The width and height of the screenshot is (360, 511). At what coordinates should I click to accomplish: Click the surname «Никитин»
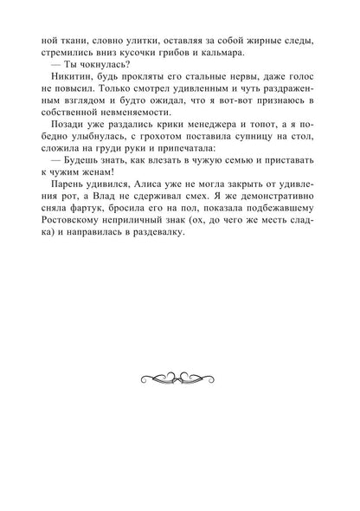click(68, 93)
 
